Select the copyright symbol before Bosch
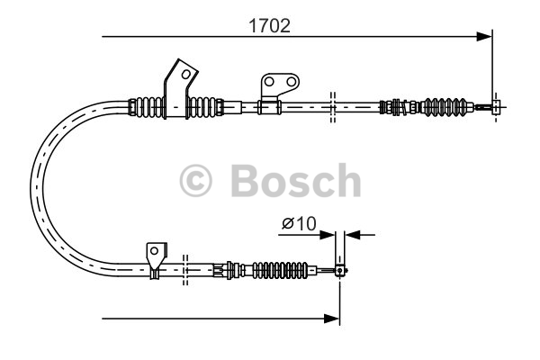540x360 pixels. pyautogui.click(x=196, y=182)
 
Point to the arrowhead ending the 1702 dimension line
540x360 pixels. pyautogui.click(x=485, y=37)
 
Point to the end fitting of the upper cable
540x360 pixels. pyautogui.click(x=496, y=106)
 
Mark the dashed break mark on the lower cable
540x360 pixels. pyautogui.click(x=184, y=266)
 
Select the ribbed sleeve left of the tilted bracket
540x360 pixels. pyautogui.click(x=148, y=106)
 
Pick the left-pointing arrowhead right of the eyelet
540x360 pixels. pyautogui.click(x=352, y=236)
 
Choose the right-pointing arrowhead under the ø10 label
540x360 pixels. pyautogui.click(x=329, y=236)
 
